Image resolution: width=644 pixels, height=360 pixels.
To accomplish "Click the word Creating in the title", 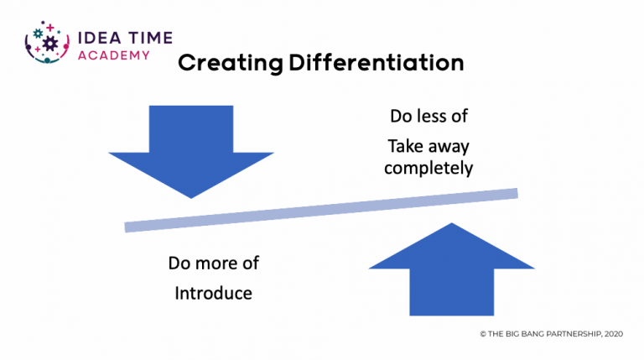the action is click(231, 64).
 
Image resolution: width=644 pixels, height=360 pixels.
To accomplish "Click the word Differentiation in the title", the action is click(377, 63).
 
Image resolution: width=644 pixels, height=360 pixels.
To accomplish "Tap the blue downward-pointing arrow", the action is click(191, 152).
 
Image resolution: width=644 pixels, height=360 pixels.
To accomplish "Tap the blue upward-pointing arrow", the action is click(452, 269).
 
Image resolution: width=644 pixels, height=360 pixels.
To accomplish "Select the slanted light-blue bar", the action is click(321, 211).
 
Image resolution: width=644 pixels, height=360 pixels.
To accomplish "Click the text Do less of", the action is click(428, 116).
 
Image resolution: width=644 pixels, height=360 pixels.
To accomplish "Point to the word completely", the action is click(428, 168).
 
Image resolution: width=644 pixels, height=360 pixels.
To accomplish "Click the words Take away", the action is click(428, 146).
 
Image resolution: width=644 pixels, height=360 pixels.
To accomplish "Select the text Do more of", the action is click(213, 263).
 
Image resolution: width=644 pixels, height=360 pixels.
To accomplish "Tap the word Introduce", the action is click(213, 293).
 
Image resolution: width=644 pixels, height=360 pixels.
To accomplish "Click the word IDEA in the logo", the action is click(100, 38).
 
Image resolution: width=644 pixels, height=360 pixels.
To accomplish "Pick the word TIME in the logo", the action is click(150, 38).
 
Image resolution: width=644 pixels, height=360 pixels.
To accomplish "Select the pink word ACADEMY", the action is click(114, 55).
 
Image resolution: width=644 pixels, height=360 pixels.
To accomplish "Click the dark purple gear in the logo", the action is click(50, 43).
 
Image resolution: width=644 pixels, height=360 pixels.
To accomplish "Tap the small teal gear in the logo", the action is click(38, 34).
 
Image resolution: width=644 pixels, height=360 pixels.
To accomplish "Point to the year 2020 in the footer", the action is click(614, 334).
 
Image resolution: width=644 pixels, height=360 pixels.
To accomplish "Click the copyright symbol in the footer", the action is click(483, 334).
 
